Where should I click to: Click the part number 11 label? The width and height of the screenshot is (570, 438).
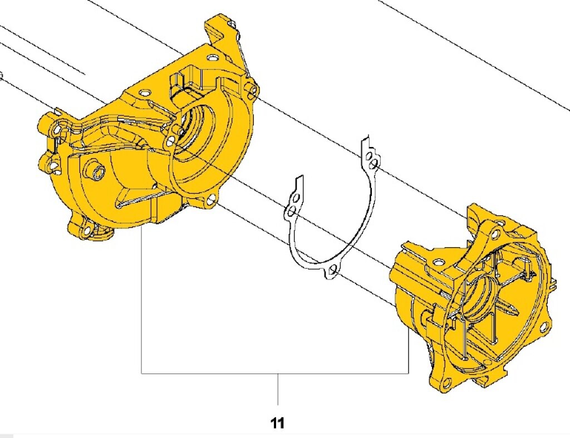[x=277, y=423]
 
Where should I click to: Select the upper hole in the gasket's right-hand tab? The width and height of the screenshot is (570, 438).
[x=370, y=157]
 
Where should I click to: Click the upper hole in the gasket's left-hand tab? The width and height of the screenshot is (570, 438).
[x=296, y=198]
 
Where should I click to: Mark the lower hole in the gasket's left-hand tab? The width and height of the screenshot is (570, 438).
[x=290, y=211]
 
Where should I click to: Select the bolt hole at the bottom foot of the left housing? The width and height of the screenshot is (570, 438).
[x=87, y=232]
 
